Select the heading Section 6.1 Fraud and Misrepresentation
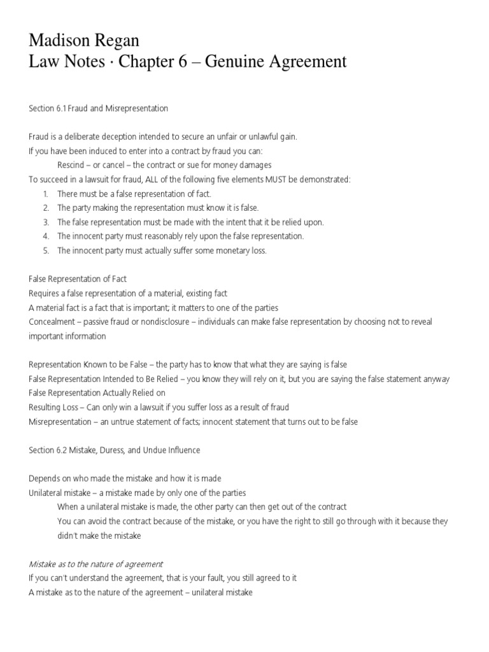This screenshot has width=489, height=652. click(x=98, y=109)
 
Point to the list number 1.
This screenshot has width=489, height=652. click(x=46, y=194)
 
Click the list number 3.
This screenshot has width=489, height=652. click(x=46, y=222)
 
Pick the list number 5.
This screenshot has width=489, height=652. click(x=46, y=250)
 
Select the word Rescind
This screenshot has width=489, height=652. click(x=71, y=165)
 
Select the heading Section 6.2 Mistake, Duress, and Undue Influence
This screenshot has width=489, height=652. click(x=115, y=450)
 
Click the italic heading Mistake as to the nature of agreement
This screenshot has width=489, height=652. click(x=96, y=564)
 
